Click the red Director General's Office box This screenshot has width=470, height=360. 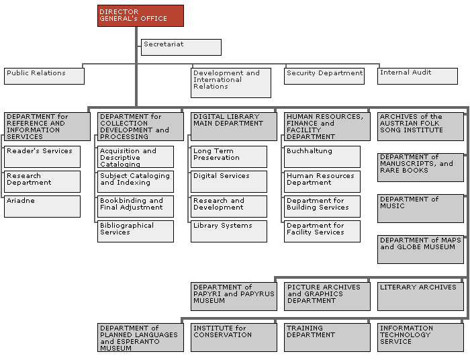tap(140, 15)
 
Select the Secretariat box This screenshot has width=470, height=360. tap(181, 47)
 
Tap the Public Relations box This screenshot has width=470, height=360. tap(44, 76)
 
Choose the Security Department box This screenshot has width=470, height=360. tap(324, 76)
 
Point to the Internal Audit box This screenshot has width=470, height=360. tap(418, 76)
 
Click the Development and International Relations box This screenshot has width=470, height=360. tap(231, 83)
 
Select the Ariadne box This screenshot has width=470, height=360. tap(42, 206)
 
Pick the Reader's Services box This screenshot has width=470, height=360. tap(42, 156)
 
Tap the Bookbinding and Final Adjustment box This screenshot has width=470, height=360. tap(136, 206)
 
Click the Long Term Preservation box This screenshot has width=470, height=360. tap(229, 156)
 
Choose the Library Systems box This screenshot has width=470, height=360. tap(229, 232)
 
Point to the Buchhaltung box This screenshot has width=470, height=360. tap(322, 156)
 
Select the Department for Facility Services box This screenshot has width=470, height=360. tap(322, 232)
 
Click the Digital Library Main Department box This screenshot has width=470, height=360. tap(234, 126)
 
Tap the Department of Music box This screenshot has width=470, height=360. tap(420, 209)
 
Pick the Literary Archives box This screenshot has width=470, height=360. tap(420, 296)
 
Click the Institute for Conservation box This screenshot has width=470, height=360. tap(234, 338)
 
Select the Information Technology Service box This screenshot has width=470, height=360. tap(420, 338)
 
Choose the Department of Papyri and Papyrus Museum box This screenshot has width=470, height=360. tap(234, 296)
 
